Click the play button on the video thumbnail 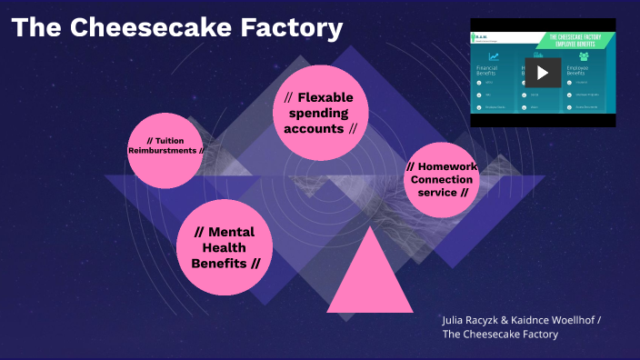click(x=542, y=73)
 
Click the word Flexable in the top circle click(x=325, y=97)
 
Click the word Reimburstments click(x=162, y=151)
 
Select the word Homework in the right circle click(x=446, y=166)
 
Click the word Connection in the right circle click(x=441, y=179)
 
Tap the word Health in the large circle click(x=224, y=247)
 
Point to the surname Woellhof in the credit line click(x=571, y=320)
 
